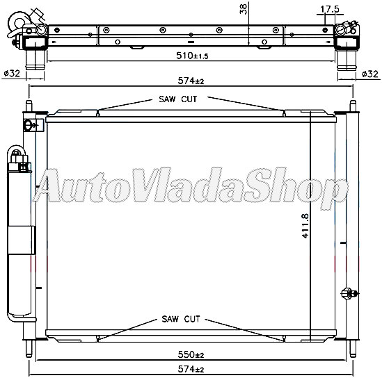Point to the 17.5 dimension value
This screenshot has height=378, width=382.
click(x=331, y=10)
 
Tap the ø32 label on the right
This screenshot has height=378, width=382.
click(x=371, y=73)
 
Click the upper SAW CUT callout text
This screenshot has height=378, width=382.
click(x=178, y=99)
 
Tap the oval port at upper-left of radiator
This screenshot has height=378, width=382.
click(x=29, y=126)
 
